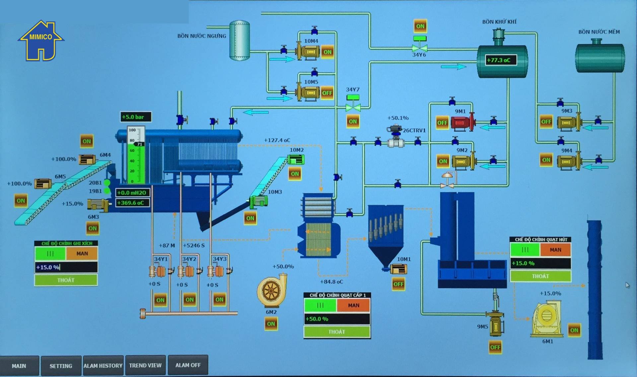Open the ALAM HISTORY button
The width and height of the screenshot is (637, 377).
pyautogui.click(x=103, y=365)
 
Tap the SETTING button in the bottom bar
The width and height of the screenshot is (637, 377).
pyautogui.click(x=61, y=366)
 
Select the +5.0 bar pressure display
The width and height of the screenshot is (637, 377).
pyautogui.click(x=135, y=117)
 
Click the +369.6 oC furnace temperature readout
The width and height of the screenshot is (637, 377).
pyautogui.click(x=132, y=203)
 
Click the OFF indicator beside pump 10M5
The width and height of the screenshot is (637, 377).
pyautogui.click(x=327, y=93)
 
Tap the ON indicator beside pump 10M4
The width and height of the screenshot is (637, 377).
pyautogui.click(x=327, y=52)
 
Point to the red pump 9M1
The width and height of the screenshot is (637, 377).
pyautogui.click(x=462, y=123)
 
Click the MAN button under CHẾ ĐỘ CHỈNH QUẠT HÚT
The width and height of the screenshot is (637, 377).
pyautogui.click(x=555, y=250)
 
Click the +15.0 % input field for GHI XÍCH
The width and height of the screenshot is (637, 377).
pyautogui.click(x=66, y=267)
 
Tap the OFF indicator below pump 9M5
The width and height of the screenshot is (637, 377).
pyautogui.click(x=495, y=347)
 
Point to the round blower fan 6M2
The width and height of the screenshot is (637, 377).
pyautogui.click(x=271, y=291)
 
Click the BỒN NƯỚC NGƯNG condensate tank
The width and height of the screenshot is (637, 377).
pyautogui.click(x=240, y=40)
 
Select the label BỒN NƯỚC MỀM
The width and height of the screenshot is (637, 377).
pyautogui.click(x=599, y=32)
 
